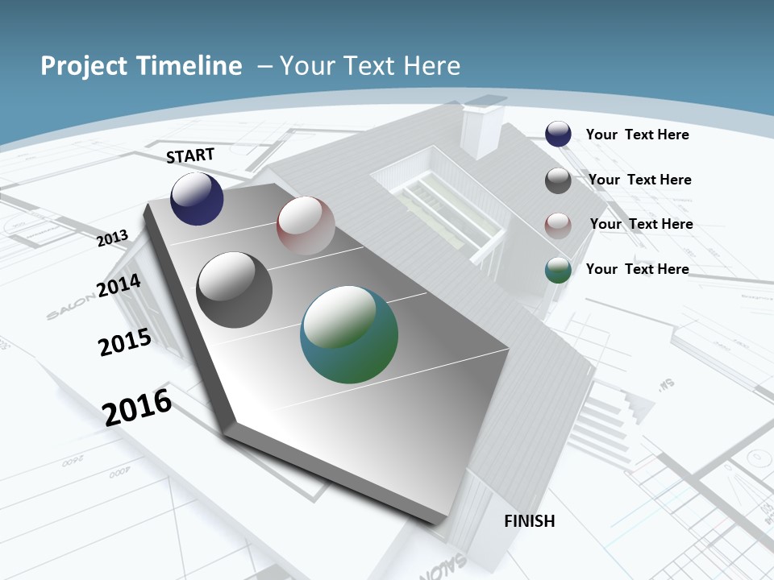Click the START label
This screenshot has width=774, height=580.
[x=190, y=155]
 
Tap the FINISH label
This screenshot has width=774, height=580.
[x=529, y=521]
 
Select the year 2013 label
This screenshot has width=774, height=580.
[x=113, y=238]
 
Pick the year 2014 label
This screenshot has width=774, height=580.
[x=119, y=285]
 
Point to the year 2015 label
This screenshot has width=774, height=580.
[x=125, y=342]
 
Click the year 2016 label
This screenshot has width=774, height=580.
[x=137, y=407]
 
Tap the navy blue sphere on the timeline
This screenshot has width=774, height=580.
[x=197, y=199]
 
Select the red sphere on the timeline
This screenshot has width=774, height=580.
[x=306, y=226]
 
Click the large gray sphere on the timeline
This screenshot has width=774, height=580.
[x=235, y=290]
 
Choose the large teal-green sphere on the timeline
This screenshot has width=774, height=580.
[x=349, y=334]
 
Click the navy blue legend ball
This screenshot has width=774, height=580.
[x=558, y=134]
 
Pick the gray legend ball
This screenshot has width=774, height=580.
[x=558, y=180]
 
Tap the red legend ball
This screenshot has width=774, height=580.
[x=558, y=225]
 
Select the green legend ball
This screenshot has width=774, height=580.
[x=558, y=270]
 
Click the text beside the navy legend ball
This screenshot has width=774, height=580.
[x=637, y=135]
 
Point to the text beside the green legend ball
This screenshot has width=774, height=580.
[x=637, y=269]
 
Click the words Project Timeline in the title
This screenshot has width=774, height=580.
[x=141, y=66]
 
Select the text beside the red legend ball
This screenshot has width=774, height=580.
[x=641, y=224]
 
